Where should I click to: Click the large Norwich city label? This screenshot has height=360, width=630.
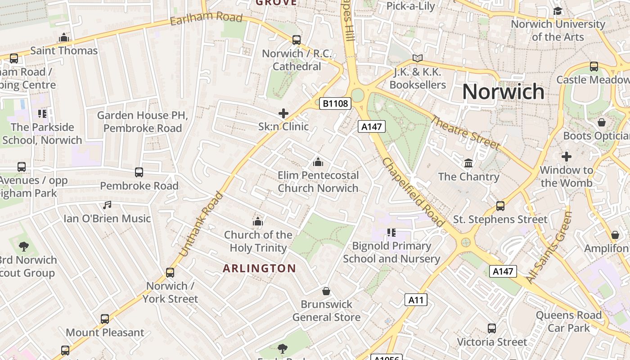tap(503, 92)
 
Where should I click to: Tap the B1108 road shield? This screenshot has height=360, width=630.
tap(335, 103)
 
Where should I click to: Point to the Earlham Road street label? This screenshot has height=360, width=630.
tap(206, 20)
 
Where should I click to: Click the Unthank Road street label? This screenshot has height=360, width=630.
tap(201, 225)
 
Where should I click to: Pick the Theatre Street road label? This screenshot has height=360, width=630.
tap(465, 132)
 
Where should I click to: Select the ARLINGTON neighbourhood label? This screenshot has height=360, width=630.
tap(260, 269)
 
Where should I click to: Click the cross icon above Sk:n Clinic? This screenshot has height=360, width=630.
tap(283, 113)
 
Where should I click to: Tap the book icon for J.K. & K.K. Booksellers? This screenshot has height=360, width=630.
tap(418, 58)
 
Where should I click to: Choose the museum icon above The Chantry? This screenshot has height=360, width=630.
tap(468, 162)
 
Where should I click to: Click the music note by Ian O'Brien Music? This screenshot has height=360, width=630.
tap(107, 205)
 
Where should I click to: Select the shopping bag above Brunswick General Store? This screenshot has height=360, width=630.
tap(326, 291)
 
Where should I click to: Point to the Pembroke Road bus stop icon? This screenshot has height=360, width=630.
tap(139, 172)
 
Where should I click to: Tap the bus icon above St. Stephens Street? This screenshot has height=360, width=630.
tap(500, 206)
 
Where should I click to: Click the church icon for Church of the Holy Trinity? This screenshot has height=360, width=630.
tap(258, 221)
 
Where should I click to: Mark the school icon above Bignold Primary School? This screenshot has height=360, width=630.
tap(391, 233)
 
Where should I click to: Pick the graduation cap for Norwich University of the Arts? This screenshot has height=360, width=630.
tap(558, 11)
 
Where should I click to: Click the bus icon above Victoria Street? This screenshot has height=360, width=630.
tap(492, 328)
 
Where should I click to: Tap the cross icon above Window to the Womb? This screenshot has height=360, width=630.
tap(566, 157)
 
